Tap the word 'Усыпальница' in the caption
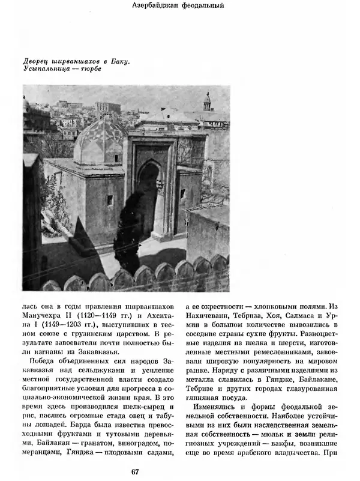click(43, 69)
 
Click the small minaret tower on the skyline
click(207, 102)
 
